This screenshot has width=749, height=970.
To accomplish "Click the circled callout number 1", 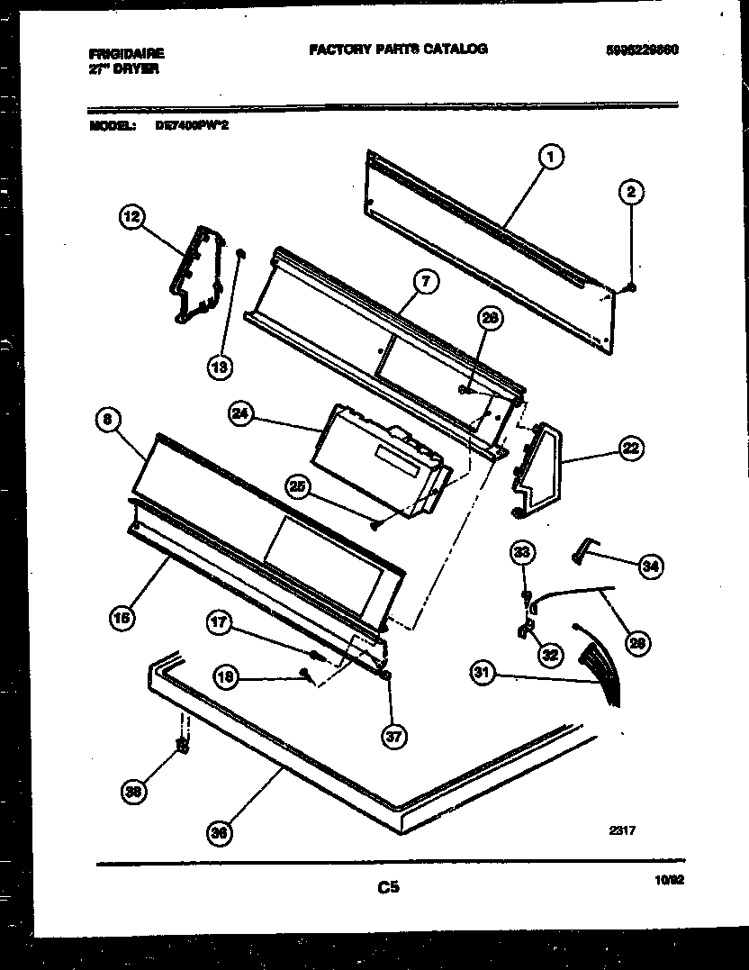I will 551,158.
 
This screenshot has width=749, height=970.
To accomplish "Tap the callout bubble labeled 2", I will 631,191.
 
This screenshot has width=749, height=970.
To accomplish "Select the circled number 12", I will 132,216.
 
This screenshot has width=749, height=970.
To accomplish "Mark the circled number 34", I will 650,566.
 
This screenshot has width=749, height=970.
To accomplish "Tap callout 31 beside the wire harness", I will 484,673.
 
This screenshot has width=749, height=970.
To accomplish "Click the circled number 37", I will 393,737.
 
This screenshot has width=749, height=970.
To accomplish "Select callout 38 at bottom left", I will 134,792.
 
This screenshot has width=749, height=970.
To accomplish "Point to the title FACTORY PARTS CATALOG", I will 398,50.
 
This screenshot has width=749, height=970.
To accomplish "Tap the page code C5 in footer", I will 388,888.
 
